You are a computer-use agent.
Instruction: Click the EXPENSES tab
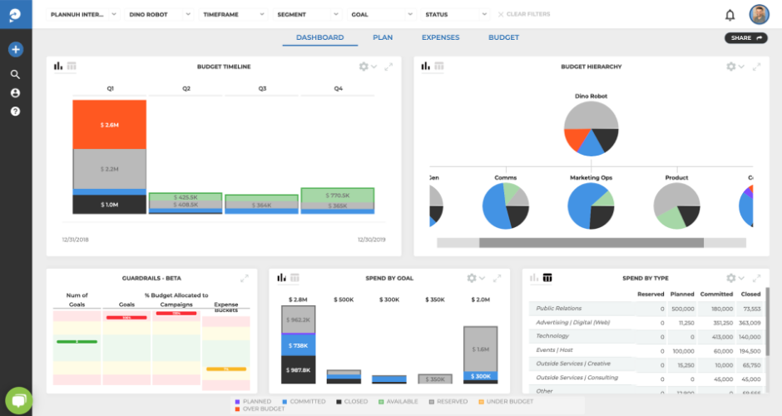440,37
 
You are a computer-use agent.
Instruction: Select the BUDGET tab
503,37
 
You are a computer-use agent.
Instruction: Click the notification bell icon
730,15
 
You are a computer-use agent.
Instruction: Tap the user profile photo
759,15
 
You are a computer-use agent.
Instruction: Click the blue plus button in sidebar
15,49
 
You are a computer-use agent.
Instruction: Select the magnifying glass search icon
15,74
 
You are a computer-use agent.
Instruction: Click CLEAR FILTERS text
527,15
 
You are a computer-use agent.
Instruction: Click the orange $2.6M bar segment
109,124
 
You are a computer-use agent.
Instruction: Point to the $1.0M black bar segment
109,205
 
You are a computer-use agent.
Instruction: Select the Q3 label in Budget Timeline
262,88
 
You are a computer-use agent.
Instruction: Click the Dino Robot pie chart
591,128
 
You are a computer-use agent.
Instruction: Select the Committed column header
716,294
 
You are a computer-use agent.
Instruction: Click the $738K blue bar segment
298,345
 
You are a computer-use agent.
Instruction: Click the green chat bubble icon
17,400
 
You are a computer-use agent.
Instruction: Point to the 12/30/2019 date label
373,240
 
